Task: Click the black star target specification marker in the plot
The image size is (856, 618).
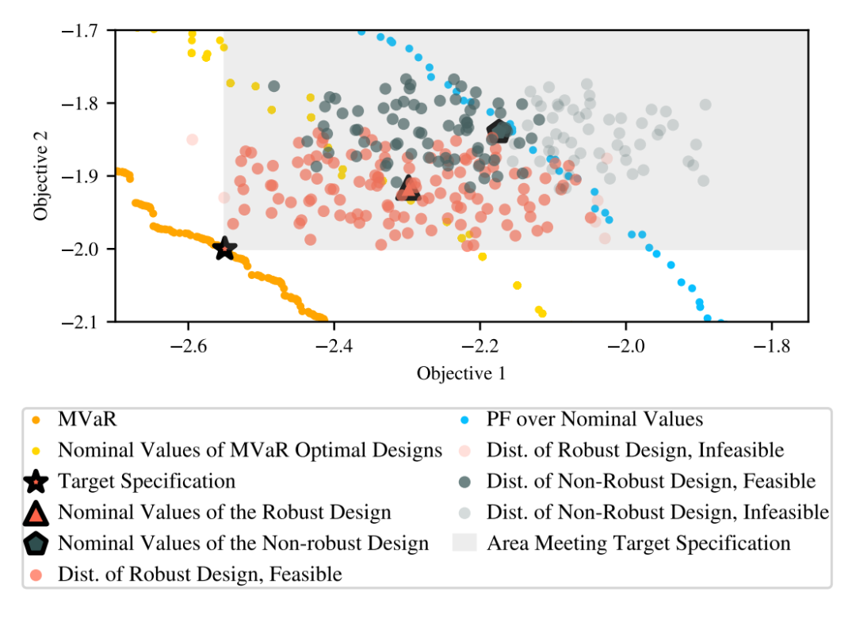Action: tap(225, 249)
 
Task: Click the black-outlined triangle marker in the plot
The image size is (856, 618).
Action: tap(409, 188)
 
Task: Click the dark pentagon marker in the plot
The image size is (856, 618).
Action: tap(500, 132)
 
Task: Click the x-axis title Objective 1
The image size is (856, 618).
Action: tap(461, 373)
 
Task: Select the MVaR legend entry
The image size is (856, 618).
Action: tap(79, 419)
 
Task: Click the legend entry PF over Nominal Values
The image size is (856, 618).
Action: tap(594, 419)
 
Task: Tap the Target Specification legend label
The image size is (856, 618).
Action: tap(147, 481)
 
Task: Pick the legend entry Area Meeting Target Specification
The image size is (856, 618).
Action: tap(638, 544)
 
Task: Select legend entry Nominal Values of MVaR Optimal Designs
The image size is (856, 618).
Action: tap(250, 450)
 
